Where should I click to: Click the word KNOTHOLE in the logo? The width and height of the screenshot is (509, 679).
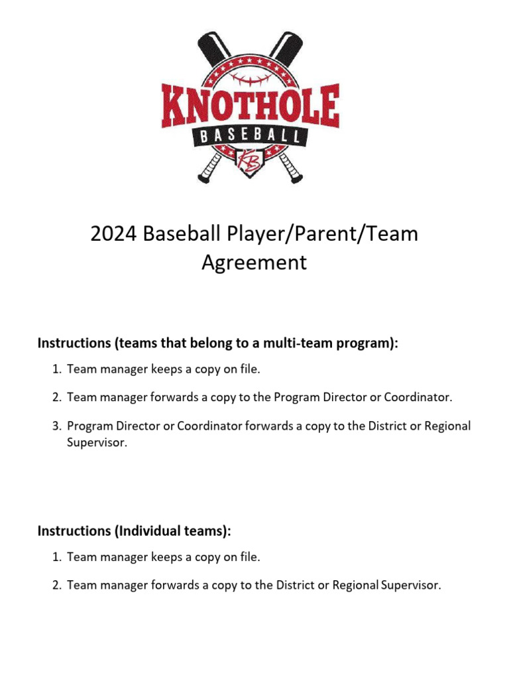pos(251,107)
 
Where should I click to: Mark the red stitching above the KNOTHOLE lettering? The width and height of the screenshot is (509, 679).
pos(251,78)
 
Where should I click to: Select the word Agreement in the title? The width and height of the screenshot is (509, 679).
pos(254,263)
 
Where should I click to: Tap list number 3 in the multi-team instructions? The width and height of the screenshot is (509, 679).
pos(56,426)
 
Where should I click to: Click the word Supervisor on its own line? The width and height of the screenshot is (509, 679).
pos(96,442)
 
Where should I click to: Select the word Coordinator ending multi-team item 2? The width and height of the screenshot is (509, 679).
pos(418,397)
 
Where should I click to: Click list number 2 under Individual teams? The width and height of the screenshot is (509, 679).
pos(56,585)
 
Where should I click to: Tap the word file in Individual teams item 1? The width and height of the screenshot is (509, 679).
pos(249,557)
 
